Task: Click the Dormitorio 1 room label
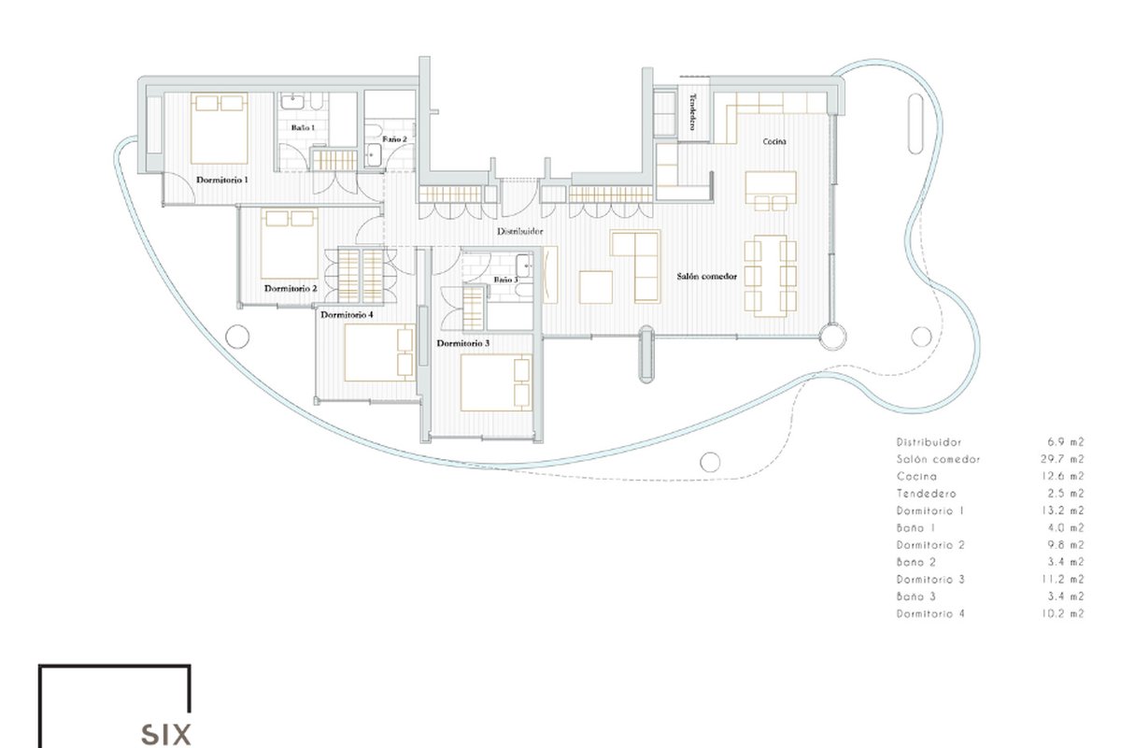(221, 180)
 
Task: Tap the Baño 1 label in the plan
(304, 128)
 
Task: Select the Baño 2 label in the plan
(394, 139)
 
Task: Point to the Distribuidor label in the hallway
(519, 232)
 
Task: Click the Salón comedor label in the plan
(706, 276)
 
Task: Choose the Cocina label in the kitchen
(774, 142)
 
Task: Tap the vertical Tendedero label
(693, 111)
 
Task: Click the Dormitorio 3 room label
(463, 343)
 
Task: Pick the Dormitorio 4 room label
(347, 315)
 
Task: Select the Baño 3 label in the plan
(505, 280)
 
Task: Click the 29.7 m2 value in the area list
(1062, 459)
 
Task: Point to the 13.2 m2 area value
(1062, 511)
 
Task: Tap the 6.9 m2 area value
(1066, 442)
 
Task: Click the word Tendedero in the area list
(926, 494)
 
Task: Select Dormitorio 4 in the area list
(930, 613)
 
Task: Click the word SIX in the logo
(165, 735)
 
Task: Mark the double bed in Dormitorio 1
(220, 128)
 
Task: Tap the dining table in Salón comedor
(770, 276)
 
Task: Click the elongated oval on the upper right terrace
(915, 123)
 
